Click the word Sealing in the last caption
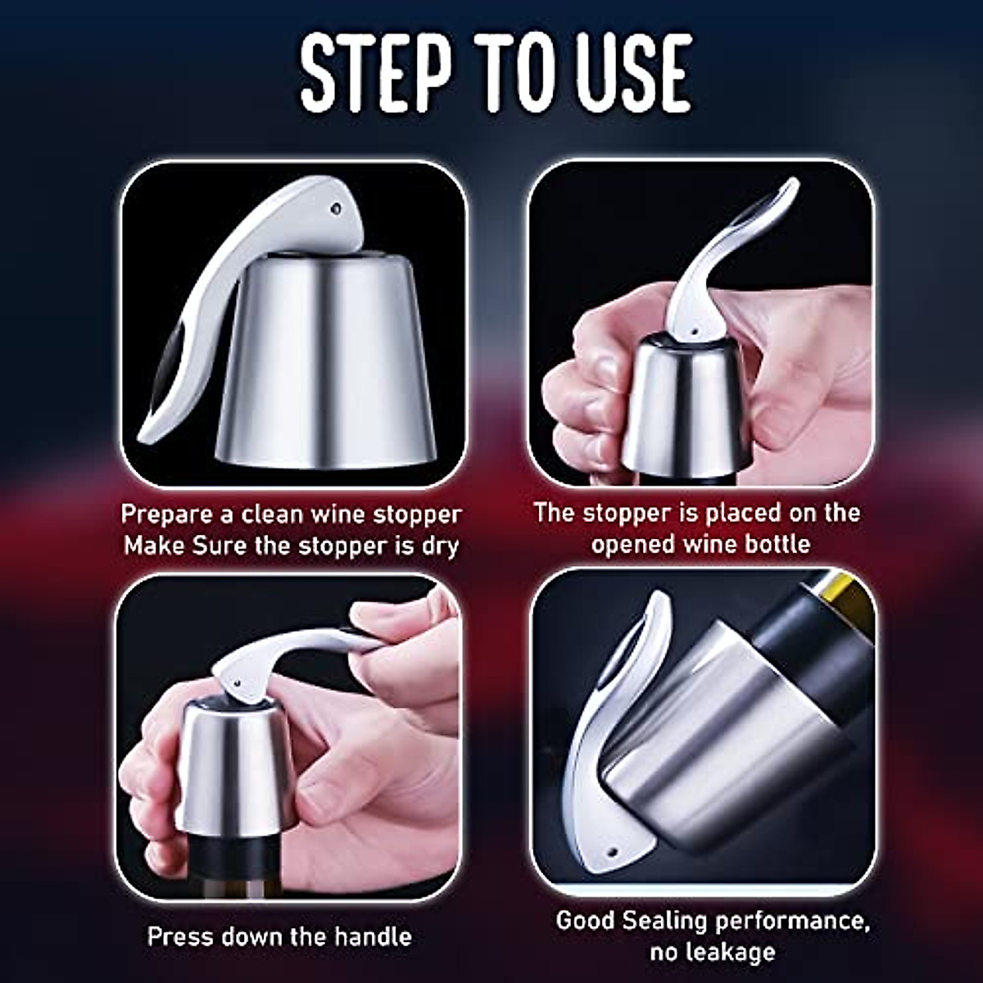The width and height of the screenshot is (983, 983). point(663,921)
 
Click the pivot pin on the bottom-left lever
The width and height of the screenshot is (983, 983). point(232,677)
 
